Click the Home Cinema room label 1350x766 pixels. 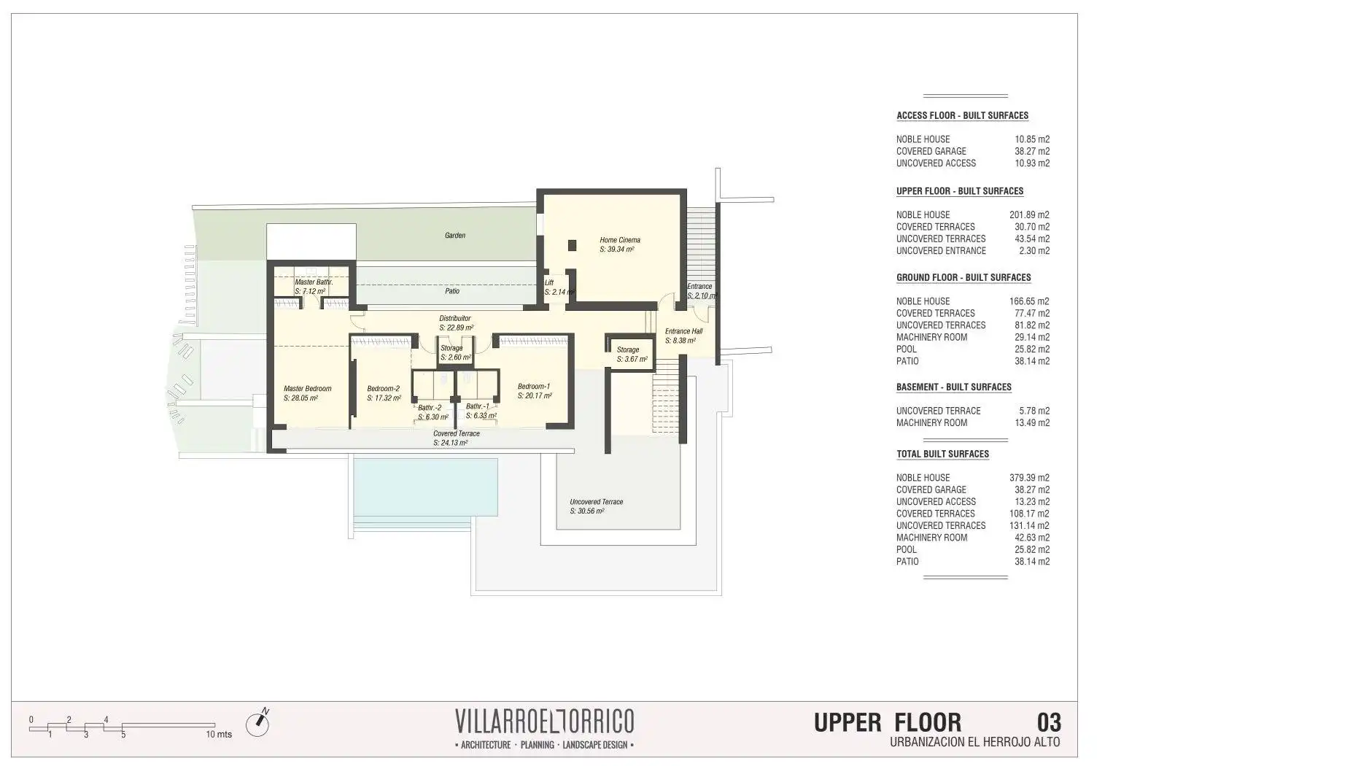coord(620,240)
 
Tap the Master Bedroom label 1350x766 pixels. coord(308,389)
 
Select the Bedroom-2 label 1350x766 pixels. coord(384,389)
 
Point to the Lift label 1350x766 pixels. coord(549,283)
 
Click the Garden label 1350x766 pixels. coord(455,236)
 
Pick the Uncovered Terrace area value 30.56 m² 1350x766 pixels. coord(587,511)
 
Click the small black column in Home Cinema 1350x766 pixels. coord(573,245)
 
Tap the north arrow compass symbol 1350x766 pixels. coord(257,723)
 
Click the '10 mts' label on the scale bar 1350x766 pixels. coord(219,735)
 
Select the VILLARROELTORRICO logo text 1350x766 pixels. coord(545,721)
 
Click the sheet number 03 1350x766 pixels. coord(1049,723)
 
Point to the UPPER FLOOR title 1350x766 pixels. coord(888,723)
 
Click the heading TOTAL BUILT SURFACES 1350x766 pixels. coord(943,454)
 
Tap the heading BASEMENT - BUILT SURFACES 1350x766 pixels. coord(954,387)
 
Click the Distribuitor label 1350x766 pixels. coord(455,319)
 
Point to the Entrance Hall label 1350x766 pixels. coord(684,331)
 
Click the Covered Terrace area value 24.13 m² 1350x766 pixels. coord(451,443)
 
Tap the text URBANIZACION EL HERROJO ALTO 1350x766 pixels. coord(975,743)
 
